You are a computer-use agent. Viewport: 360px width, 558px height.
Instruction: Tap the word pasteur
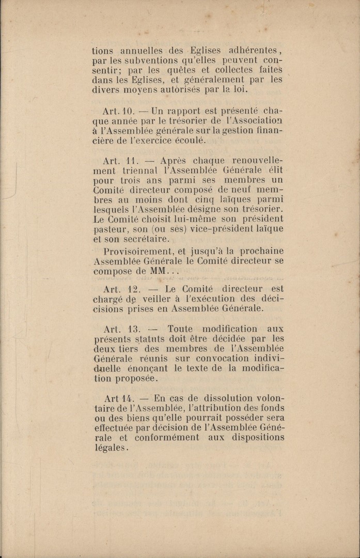point(110,229)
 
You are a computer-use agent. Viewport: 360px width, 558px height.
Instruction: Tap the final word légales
point(109,448)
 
